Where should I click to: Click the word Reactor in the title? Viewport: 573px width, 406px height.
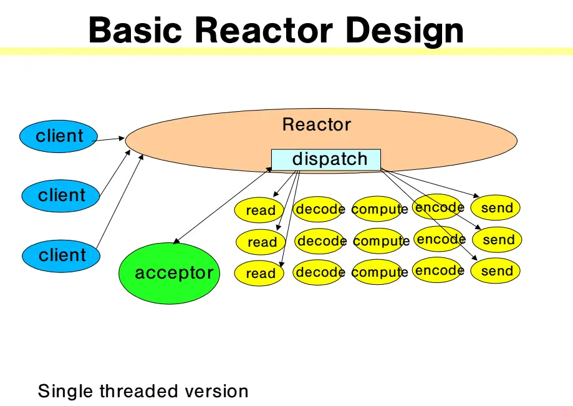tap(264, 30)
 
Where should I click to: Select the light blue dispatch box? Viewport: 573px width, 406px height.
tap(326, 160)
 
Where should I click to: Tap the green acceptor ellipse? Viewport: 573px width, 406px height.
tap(169, 273)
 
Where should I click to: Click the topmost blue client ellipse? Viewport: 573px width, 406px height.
tap(59, 136)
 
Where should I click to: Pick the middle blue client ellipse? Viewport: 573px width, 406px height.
tap(60, 196)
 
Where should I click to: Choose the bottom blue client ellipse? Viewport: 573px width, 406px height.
tap(61, 256)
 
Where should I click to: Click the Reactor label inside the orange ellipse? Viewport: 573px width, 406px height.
tap(317, 124)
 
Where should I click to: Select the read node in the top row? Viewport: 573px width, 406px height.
tap(259, 210)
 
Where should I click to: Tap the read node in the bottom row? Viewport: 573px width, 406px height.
tap(259, 273)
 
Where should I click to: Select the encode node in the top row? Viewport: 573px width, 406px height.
tap(438, 207)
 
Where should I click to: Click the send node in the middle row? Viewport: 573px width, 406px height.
tap(497, 240)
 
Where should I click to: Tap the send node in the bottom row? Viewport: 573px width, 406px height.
tap(495, 271)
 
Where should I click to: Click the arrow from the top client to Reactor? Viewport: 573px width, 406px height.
tap(108, 139)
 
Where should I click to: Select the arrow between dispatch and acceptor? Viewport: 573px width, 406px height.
tap(223, 205)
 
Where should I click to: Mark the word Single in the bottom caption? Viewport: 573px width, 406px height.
tap(65, 392)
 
